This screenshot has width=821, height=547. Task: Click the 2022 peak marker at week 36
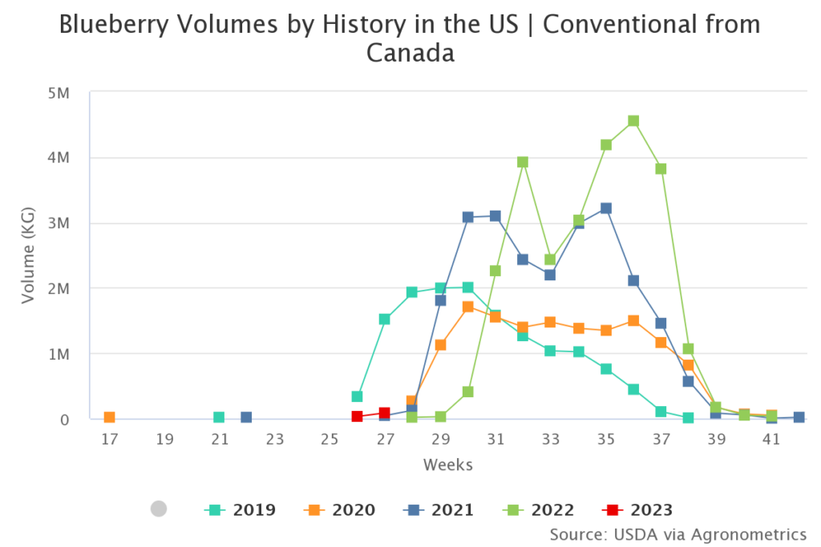click(x=633, y=121)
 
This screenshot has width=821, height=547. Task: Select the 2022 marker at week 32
click(x=523, y=162)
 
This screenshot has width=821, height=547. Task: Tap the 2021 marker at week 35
click(x=606, y=208)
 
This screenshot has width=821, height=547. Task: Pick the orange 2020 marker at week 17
click(x=109, y=417)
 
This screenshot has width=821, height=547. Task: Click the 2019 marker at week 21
click(x=219, y=417)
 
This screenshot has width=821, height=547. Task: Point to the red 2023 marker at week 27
click(x=385, y=412)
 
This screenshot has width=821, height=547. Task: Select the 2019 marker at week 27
click(x=385, y=319)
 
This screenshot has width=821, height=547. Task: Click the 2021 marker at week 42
click(x=799, y=417)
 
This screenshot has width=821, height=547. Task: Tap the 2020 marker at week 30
click(x=467, y=306)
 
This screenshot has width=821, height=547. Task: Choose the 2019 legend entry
click(x=241, y=509)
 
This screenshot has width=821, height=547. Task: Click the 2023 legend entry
click(x=637, y=509)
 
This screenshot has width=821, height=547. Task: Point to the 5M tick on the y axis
click(x=60, y=92)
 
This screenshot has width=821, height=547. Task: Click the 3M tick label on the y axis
click(x=60, y=223)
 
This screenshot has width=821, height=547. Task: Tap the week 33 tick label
click(x=550, y=439)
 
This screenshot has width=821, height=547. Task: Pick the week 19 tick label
click(x=164, y=439)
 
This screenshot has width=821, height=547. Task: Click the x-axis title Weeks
click(x=448, y=465)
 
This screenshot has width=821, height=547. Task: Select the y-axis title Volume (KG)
click(x=29, y=255)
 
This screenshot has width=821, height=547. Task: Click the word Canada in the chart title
click(x=410, y=53)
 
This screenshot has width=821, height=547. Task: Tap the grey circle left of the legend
click(x=159, y=509)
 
